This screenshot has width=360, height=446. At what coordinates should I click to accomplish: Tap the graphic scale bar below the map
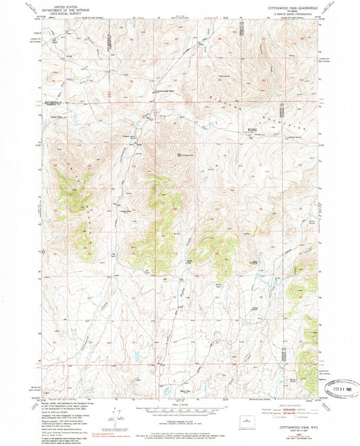180,410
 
